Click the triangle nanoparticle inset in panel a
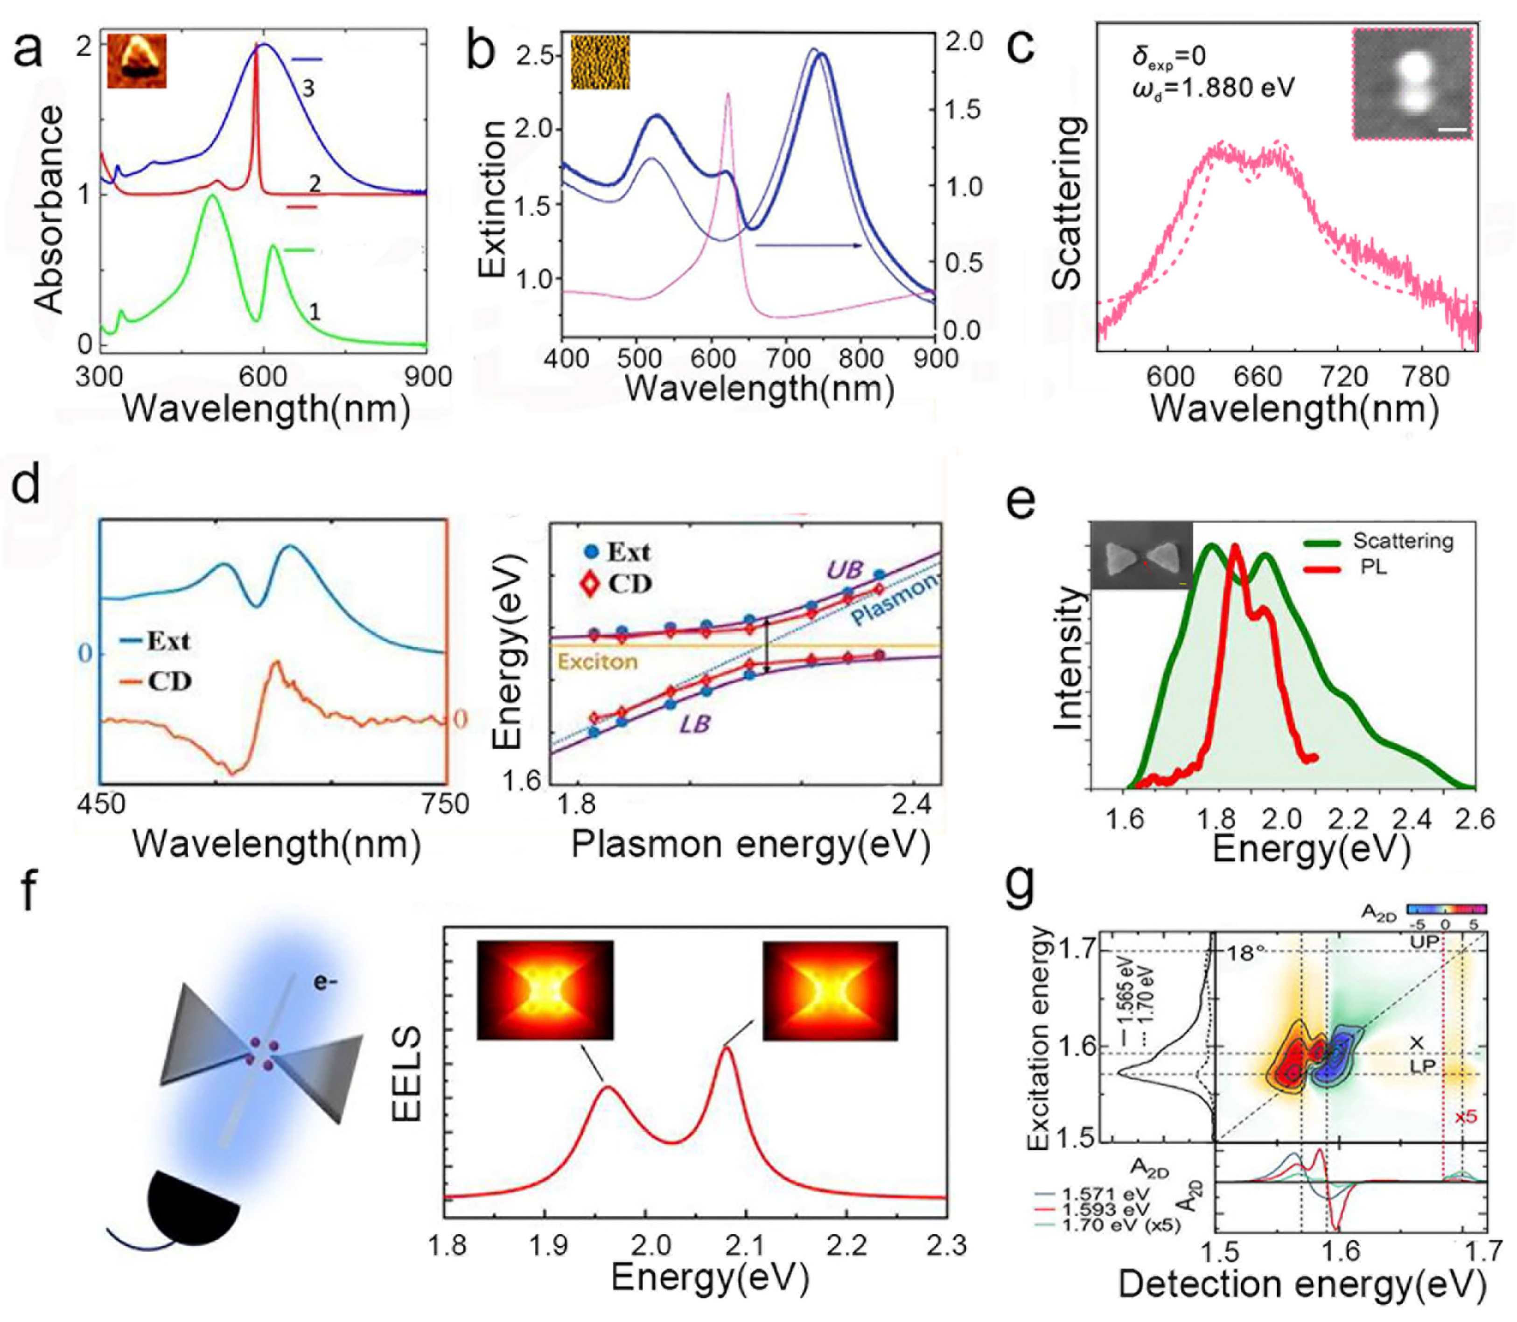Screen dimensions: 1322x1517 (137, 61)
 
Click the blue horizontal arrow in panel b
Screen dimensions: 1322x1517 (808, 245)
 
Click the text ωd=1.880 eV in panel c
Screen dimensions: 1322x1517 (1213, 89)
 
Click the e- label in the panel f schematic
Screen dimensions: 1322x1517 (325, 982)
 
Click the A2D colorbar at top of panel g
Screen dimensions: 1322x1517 (1446, 909)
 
